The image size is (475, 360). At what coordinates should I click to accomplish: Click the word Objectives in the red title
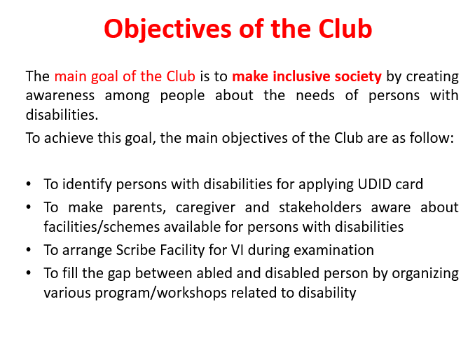point(168,29)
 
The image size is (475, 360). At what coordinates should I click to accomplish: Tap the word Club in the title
point(345,29)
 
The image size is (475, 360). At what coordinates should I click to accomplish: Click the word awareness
point(60,96)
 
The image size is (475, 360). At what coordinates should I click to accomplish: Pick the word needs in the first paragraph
point(315,95)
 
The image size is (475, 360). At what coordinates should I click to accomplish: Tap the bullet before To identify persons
point(29,184)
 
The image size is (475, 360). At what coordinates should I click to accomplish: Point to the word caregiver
point(205,208)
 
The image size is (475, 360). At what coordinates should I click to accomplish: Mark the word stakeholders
point(320,207)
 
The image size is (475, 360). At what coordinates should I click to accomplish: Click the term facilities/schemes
point(102,227)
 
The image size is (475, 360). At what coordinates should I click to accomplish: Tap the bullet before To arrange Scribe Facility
point(29,250)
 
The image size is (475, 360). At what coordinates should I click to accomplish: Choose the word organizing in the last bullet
point(425,274)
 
